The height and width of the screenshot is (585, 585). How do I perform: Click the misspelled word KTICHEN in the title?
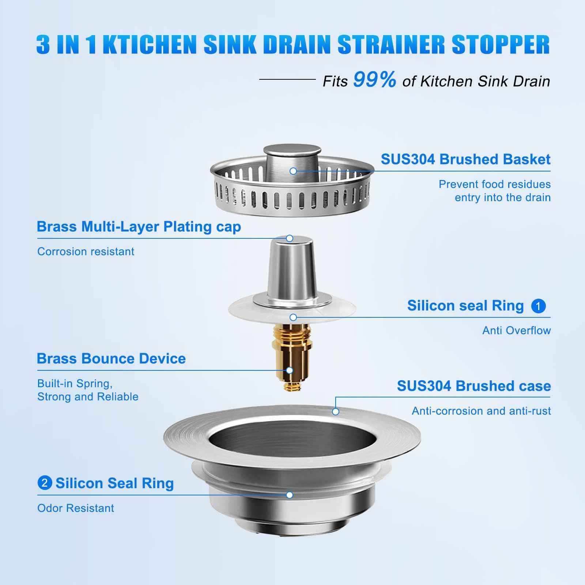point(150,45)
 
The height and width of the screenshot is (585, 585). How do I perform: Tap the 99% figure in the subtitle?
point(374,80)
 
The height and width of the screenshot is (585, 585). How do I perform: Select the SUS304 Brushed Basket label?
point(465,159)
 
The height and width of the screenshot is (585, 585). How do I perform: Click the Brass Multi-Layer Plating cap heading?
point(139,227)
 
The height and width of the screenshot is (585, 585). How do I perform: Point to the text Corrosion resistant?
point(86,252)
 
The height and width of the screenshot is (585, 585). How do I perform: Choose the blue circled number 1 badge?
point(538,306)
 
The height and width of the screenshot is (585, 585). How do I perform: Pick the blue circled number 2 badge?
point(45,483)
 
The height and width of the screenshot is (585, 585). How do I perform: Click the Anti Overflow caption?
point(516,330)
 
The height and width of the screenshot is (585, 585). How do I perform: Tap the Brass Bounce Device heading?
point(111,358)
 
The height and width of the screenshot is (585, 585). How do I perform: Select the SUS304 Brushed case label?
point(474,386)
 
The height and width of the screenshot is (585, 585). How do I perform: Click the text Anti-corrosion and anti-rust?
point(481,411)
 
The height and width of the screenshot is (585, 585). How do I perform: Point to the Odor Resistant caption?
point(76,508)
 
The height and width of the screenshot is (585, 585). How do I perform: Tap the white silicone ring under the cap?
point(249,311)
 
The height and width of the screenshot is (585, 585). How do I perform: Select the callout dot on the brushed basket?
point(293,171)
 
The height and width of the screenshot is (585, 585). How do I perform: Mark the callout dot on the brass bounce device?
point(290,370)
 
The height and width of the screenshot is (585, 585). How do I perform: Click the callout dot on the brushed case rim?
point(336,412)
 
